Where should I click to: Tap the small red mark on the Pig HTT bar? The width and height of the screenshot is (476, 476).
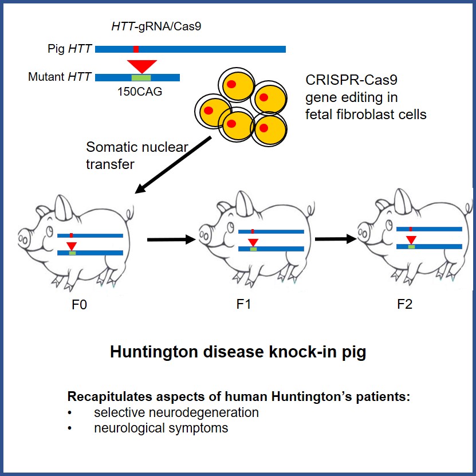click(x=136, y=49)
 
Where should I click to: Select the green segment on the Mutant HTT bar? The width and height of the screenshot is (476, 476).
click(x=141, y=77)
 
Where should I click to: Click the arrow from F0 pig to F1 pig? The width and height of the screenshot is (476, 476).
click(x=171, y=239)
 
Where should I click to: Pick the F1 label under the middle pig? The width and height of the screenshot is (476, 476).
click(x=244, y=304)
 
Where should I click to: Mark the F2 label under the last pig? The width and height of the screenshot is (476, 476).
click(x=404, y=304)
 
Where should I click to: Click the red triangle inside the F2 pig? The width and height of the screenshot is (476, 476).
click(x=411, y=239)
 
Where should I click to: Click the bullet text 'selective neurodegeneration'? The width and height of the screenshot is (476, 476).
click(x=176, y=412)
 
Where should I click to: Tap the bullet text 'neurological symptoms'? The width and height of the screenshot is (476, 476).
click(x=161, y=428)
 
